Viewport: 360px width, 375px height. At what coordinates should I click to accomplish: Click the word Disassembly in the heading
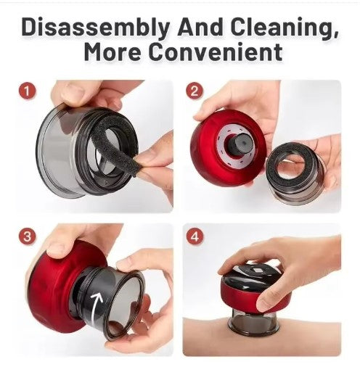96,28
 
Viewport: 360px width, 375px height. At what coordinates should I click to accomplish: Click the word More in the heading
112,52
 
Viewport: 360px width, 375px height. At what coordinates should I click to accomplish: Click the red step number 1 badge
27,91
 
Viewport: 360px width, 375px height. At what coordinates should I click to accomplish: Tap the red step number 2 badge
195,91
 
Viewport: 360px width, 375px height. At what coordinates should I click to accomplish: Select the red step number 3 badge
27,236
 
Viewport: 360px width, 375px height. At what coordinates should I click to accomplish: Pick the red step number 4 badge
195,236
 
